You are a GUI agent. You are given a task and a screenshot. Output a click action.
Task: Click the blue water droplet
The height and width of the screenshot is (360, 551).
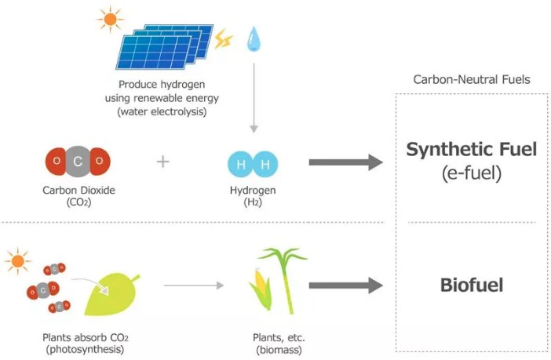(254, 37)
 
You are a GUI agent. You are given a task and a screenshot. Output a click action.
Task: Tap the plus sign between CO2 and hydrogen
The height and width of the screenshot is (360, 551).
(162, 162)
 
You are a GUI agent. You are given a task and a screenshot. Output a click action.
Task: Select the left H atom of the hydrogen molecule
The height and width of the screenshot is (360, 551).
(241, 163)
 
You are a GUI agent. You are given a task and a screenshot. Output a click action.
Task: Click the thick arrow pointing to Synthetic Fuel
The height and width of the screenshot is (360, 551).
(345, 162)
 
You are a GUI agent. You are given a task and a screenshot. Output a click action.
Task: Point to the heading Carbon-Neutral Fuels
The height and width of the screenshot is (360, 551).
(472, 79)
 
